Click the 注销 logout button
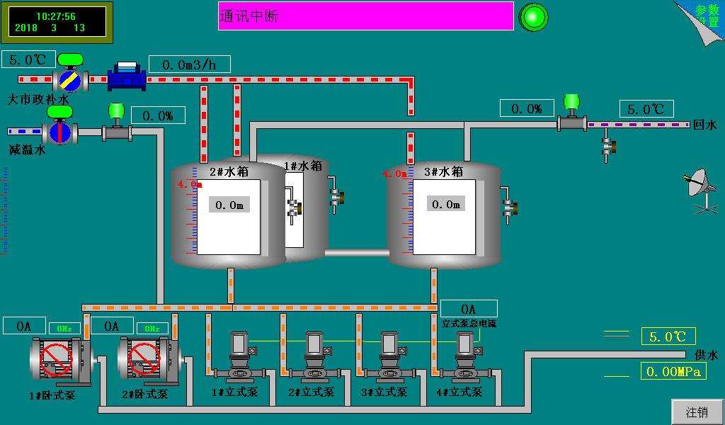click(x=697, y=412)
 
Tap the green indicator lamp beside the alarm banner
click(x=534, y=17)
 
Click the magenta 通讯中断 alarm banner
click(x=365, y=16)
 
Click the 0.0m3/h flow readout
click(x=189, y=64)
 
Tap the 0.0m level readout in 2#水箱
click(x=229, y=205)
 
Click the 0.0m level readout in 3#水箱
click(x=446, y=204)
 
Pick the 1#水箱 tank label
click(x=303, y=166)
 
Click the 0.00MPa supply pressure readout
click(x=673, y=371)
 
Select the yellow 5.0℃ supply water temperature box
click(x=668, y=336)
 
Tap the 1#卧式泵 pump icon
click(x=57, y=359)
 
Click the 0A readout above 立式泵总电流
click(x=469, y=309)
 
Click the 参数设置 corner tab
click(x=704, y=17)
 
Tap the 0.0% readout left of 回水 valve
click(x=526, y=108)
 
